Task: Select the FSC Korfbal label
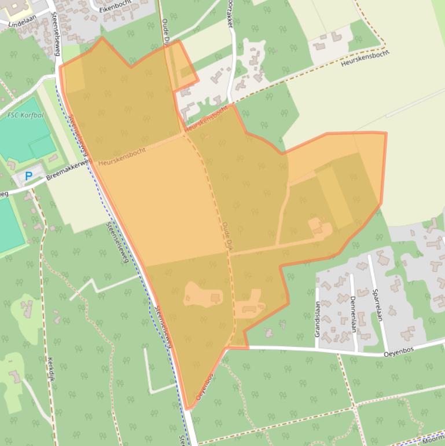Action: pos(21,115)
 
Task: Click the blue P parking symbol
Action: pos(28,176)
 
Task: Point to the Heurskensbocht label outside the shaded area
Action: pos(365,57)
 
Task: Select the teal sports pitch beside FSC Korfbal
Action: pos(26,137)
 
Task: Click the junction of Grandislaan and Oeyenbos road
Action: pos(317,348)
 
